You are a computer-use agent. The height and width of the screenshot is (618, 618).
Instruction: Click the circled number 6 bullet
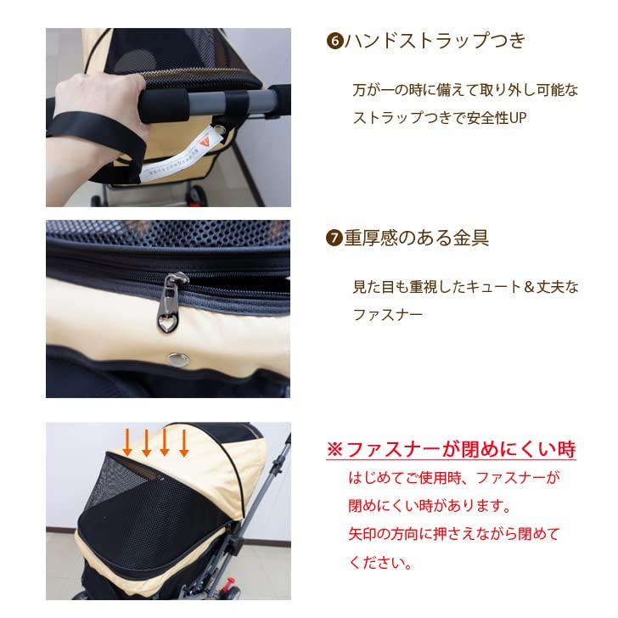[x=334, y=42]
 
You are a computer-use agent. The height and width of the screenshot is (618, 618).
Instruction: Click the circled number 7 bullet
[x=334, y=238]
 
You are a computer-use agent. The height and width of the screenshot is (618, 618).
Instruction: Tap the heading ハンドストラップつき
[x=435, y=41]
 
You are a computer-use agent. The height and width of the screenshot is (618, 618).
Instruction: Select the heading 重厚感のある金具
[x=416, y=238]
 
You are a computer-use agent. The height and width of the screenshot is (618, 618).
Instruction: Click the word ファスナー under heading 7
[x=388, y=315]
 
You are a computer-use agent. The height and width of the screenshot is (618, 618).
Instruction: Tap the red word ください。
[x=380, y=563]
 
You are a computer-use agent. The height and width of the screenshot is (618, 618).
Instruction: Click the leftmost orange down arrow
[x=127, y=442]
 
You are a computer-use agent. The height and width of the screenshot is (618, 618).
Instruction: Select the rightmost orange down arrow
[x=183, y=442]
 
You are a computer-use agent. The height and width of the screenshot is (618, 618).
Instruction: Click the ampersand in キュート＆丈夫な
[x=530, y=287]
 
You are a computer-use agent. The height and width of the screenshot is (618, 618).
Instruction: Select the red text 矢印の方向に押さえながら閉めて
[x=454, y=535]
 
